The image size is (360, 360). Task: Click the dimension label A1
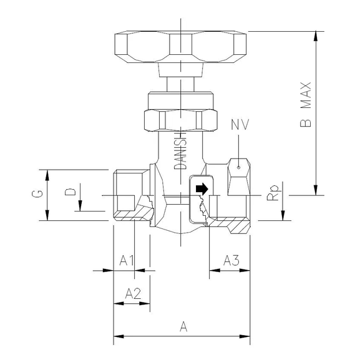click(127, 259)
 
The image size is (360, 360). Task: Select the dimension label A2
click(133, 292)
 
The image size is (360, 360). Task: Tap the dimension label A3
click(231, 259)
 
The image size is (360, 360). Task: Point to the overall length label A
click(183, 326)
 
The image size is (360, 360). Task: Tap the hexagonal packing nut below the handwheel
click(180, 118)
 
